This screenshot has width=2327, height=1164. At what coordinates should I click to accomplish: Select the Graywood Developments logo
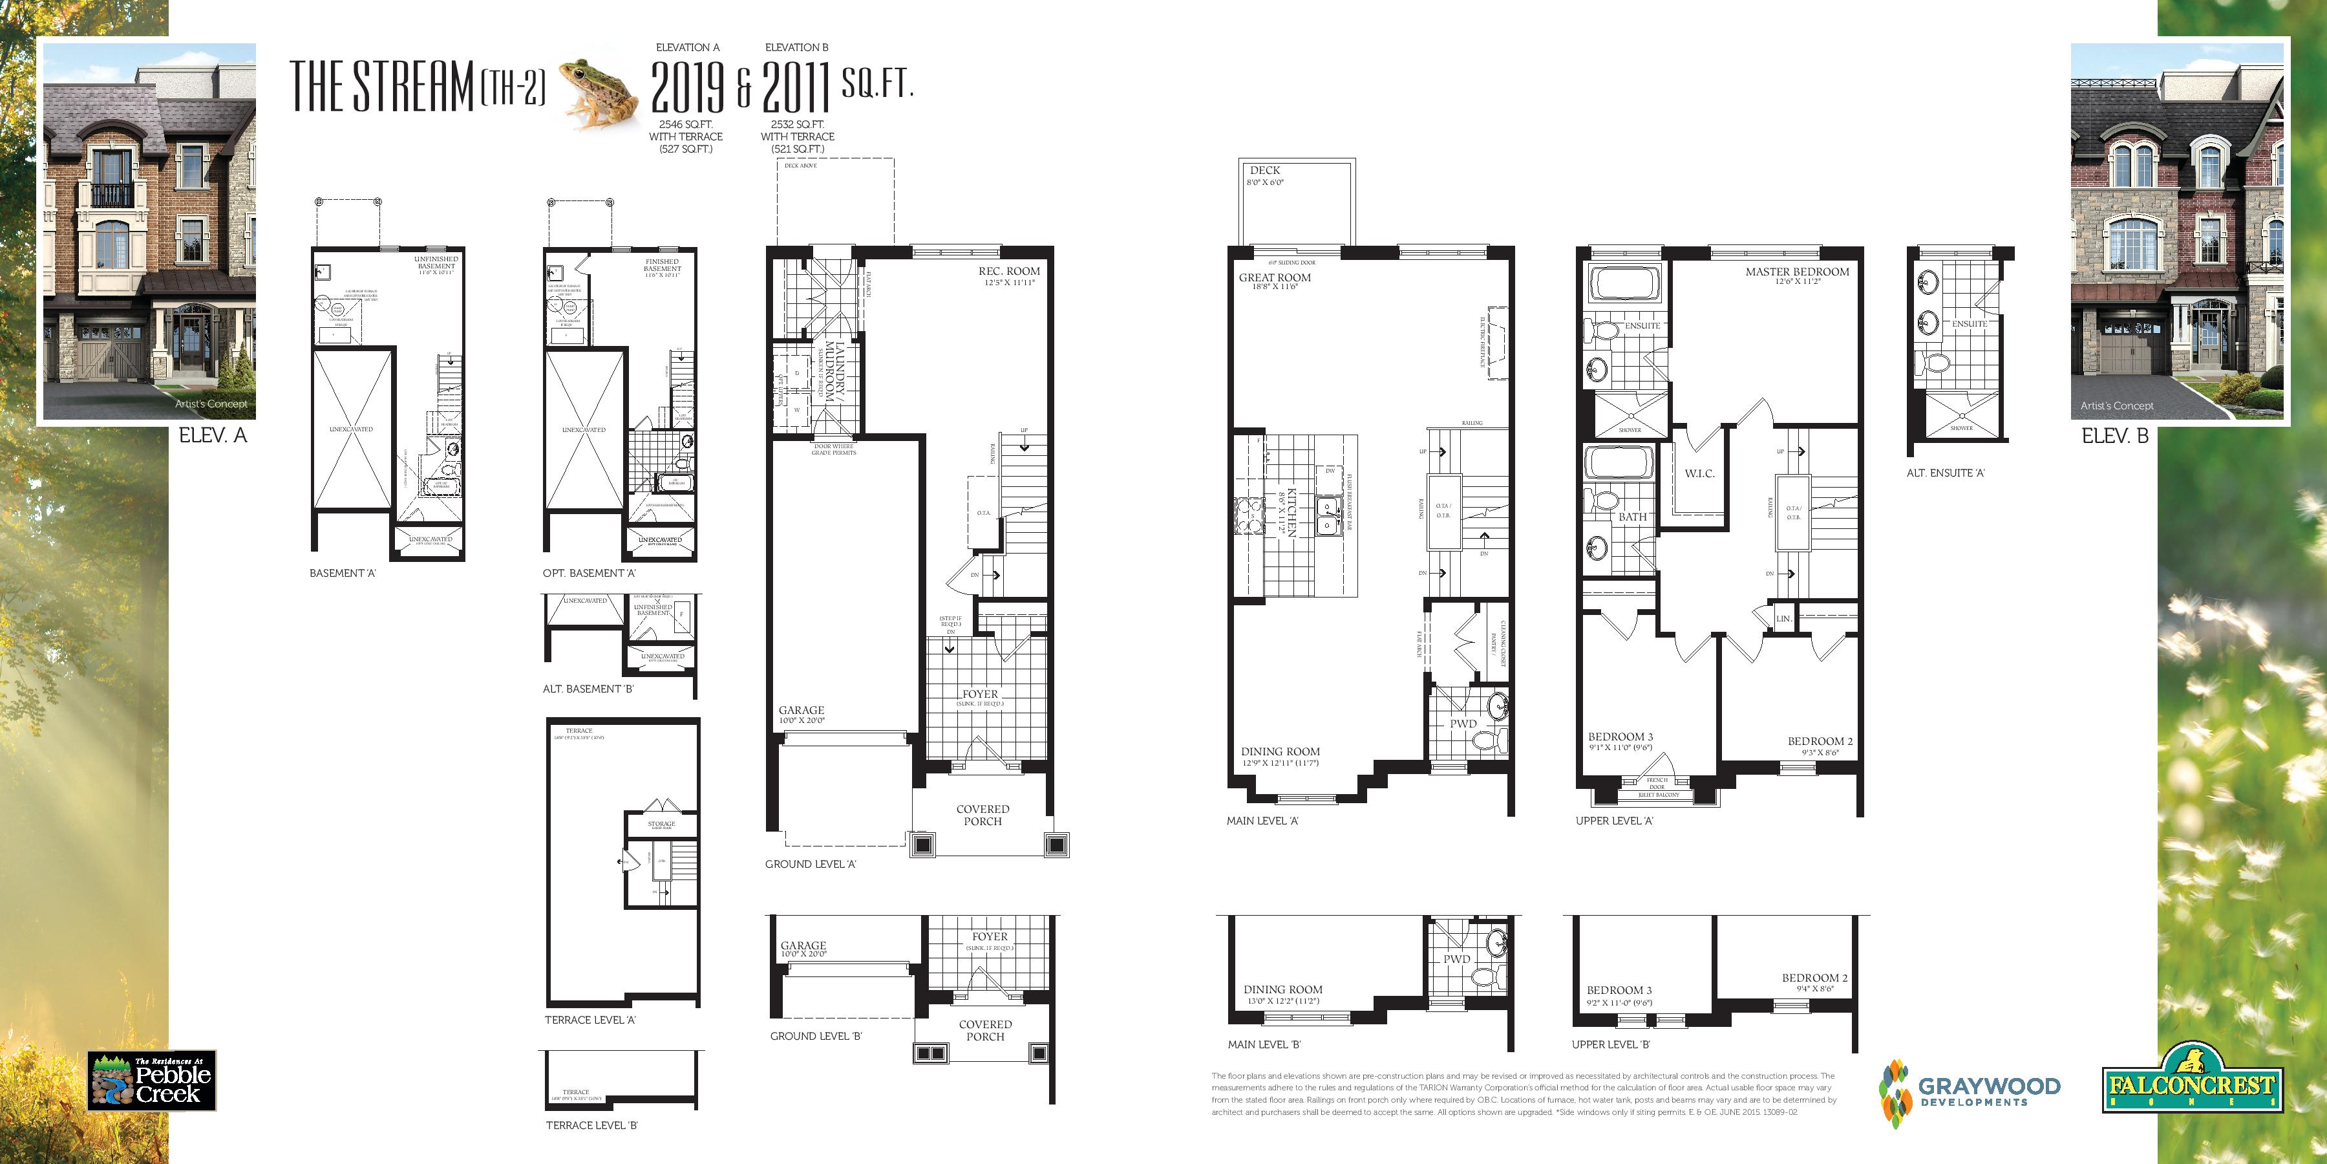1970,1092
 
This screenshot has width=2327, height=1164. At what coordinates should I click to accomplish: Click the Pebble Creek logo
152,1080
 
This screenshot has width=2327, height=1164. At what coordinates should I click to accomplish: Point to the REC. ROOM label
1008,271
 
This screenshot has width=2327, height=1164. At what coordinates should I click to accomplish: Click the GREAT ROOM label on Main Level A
1273,277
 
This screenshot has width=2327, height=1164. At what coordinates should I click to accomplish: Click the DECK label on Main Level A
1265,170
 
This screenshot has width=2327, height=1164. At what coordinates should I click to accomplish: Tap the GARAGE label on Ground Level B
802,945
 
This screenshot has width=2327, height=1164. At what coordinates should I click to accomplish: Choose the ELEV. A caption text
212,436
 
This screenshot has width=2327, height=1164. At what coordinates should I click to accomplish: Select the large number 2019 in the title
688,89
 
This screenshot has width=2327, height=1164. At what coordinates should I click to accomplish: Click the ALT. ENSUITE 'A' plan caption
1945,473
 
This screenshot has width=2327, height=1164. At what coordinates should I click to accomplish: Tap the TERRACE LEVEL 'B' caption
591,1125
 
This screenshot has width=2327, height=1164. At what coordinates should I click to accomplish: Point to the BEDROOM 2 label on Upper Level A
1820,741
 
